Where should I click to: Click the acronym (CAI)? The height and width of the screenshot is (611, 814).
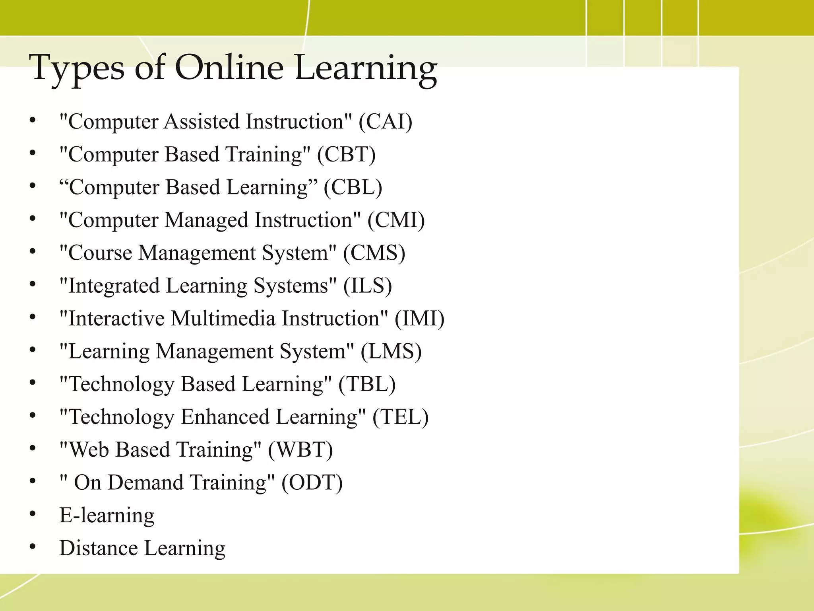click(385, 121)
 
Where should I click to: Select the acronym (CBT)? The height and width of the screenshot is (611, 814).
click(346, 154)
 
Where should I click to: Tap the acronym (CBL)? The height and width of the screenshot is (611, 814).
click(353, 187)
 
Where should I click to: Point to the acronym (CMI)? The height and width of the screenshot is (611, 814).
click(396, 220)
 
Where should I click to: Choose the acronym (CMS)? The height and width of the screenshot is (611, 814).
click(374, 253)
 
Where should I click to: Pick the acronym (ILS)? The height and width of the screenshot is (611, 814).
click(368, 286)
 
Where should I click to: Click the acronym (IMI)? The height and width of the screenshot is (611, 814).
click(419, 319)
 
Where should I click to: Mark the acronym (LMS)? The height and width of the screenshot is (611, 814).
click(391, 351)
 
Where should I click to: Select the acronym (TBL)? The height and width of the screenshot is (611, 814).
click(367, 384)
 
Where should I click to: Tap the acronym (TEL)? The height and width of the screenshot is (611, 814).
click(401, 417)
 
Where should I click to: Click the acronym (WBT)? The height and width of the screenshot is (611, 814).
click(300, 450)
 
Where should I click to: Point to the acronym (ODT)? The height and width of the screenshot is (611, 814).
click(312, 483)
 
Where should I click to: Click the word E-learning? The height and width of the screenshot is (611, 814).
click(107, 516)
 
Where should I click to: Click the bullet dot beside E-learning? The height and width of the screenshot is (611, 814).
click(33, 514)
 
